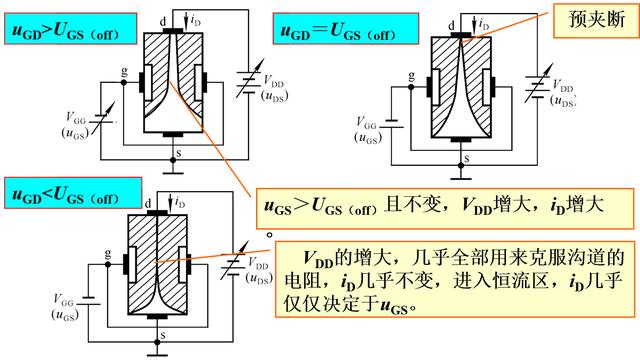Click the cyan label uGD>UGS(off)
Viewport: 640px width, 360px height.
click(69, 29)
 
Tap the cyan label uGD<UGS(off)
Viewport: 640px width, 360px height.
click(69, 191)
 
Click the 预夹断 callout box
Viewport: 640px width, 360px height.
click(585, 20)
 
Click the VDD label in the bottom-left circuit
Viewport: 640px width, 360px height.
click(262, 267)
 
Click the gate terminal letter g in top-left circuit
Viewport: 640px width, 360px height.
click(123, 72)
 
